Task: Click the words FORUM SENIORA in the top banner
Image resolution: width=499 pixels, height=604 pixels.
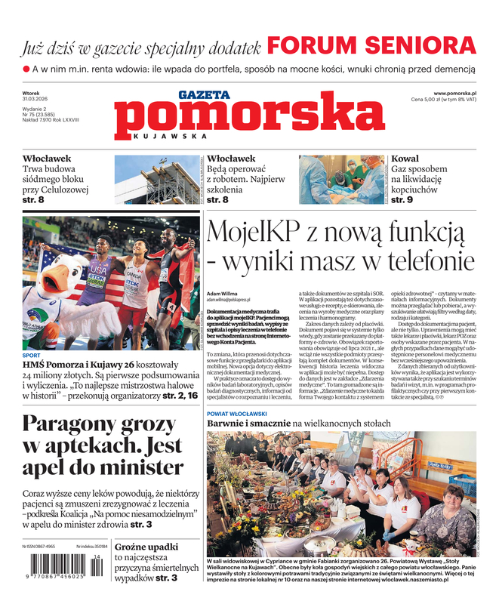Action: point(371,45)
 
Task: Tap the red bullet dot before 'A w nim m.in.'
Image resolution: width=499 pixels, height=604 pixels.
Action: point(26,69)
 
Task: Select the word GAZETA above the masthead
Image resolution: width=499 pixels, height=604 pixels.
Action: point(203,94)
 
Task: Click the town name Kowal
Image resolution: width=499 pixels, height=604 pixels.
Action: point(404,159)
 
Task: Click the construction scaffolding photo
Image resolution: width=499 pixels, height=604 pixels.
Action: point(158,180)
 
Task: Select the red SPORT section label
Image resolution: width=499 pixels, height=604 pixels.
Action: point(31,355)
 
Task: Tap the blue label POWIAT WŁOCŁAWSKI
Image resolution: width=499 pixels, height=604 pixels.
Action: point(237,414)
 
